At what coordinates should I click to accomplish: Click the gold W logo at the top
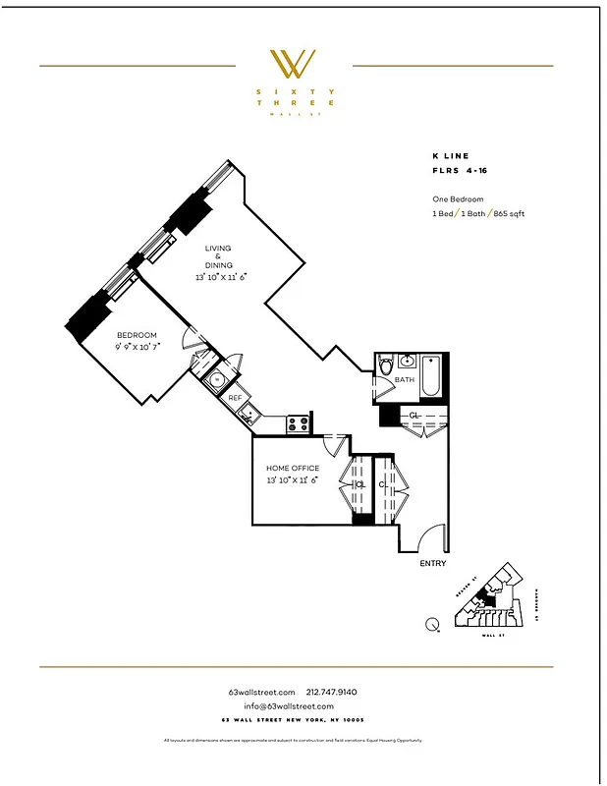click(293, 64)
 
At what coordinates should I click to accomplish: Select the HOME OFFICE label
click(292, 469)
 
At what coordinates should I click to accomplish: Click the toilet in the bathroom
click(386, 366)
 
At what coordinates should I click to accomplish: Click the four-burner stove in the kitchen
click(299, 424)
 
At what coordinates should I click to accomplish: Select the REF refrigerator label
click(235, 398)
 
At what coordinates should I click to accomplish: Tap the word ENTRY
click(432, 564)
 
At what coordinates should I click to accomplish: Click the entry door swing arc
click(429, 539)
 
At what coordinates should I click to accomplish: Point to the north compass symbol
click(433, 624)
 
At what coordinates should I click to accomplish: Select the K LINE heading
click(450, 156)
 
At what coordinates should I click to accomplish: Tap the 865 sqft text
click(508, 213)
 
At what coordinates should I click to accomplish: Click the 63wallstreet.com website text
click(261, 693)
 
